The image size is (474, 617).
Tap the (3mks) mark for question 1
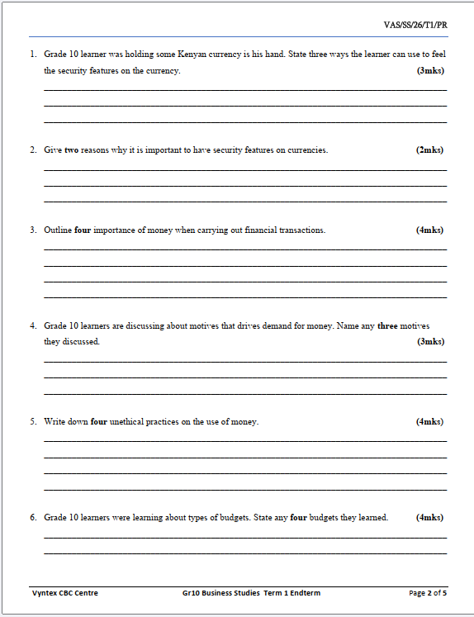pos(430,71)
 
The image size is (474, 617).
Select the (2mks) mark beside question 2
pos(429,150)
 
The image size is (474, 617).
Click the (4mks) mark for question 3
pos(429,230)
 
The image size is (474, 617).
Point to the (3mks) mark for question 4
pos(430,342)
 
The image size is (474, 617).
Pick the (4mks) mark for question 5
pos(429,422)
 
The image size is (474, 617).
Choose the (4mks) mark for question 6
pos(429,518)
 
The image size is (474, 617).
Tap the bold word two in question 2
pos(72,150)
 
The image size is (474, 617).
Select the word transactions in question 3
pos(301,230)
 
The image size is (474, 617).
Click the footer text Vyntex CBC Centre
pos(64,593)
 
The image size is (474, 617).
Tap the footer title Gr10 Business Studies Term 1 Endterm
pos(251,593)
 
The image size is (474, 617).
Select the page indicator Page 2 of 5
pos(427,593)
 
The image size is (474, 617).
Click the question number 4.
pos(33,326)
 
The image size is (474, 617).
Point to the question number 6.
pos(33,518)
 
